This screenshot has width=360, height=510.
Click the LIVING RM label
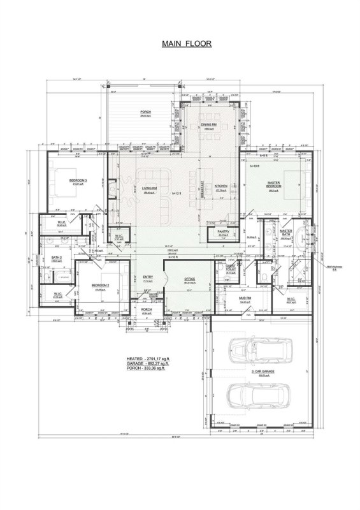150,189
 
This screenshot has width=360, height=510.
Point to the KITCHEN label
221,188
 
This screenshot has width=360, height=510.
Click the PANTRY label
223,231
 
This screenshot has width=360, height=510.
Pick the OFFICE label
190,280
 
